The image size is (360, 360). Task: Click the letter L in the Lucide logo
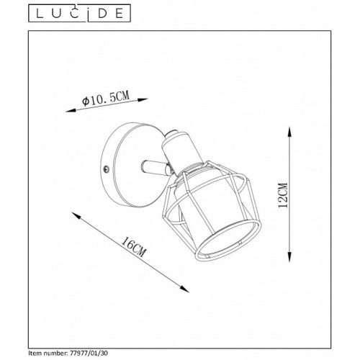coord(40,14)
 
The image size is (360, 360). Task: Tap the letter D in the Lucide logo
coord(102,14)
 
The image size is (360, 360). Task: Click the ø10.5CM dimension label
coord(106,98)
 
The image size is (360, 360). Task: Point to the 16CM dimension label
coord(133,247)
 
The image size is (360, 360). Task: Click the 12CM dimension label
coord(282,195)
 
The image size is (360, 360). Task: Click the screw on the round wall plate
coord(105,169)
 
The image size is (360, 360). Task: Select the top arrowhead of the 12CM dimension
coord(289,132)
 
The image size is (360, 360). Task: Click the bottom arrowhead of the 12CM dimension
coord(289,257)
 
